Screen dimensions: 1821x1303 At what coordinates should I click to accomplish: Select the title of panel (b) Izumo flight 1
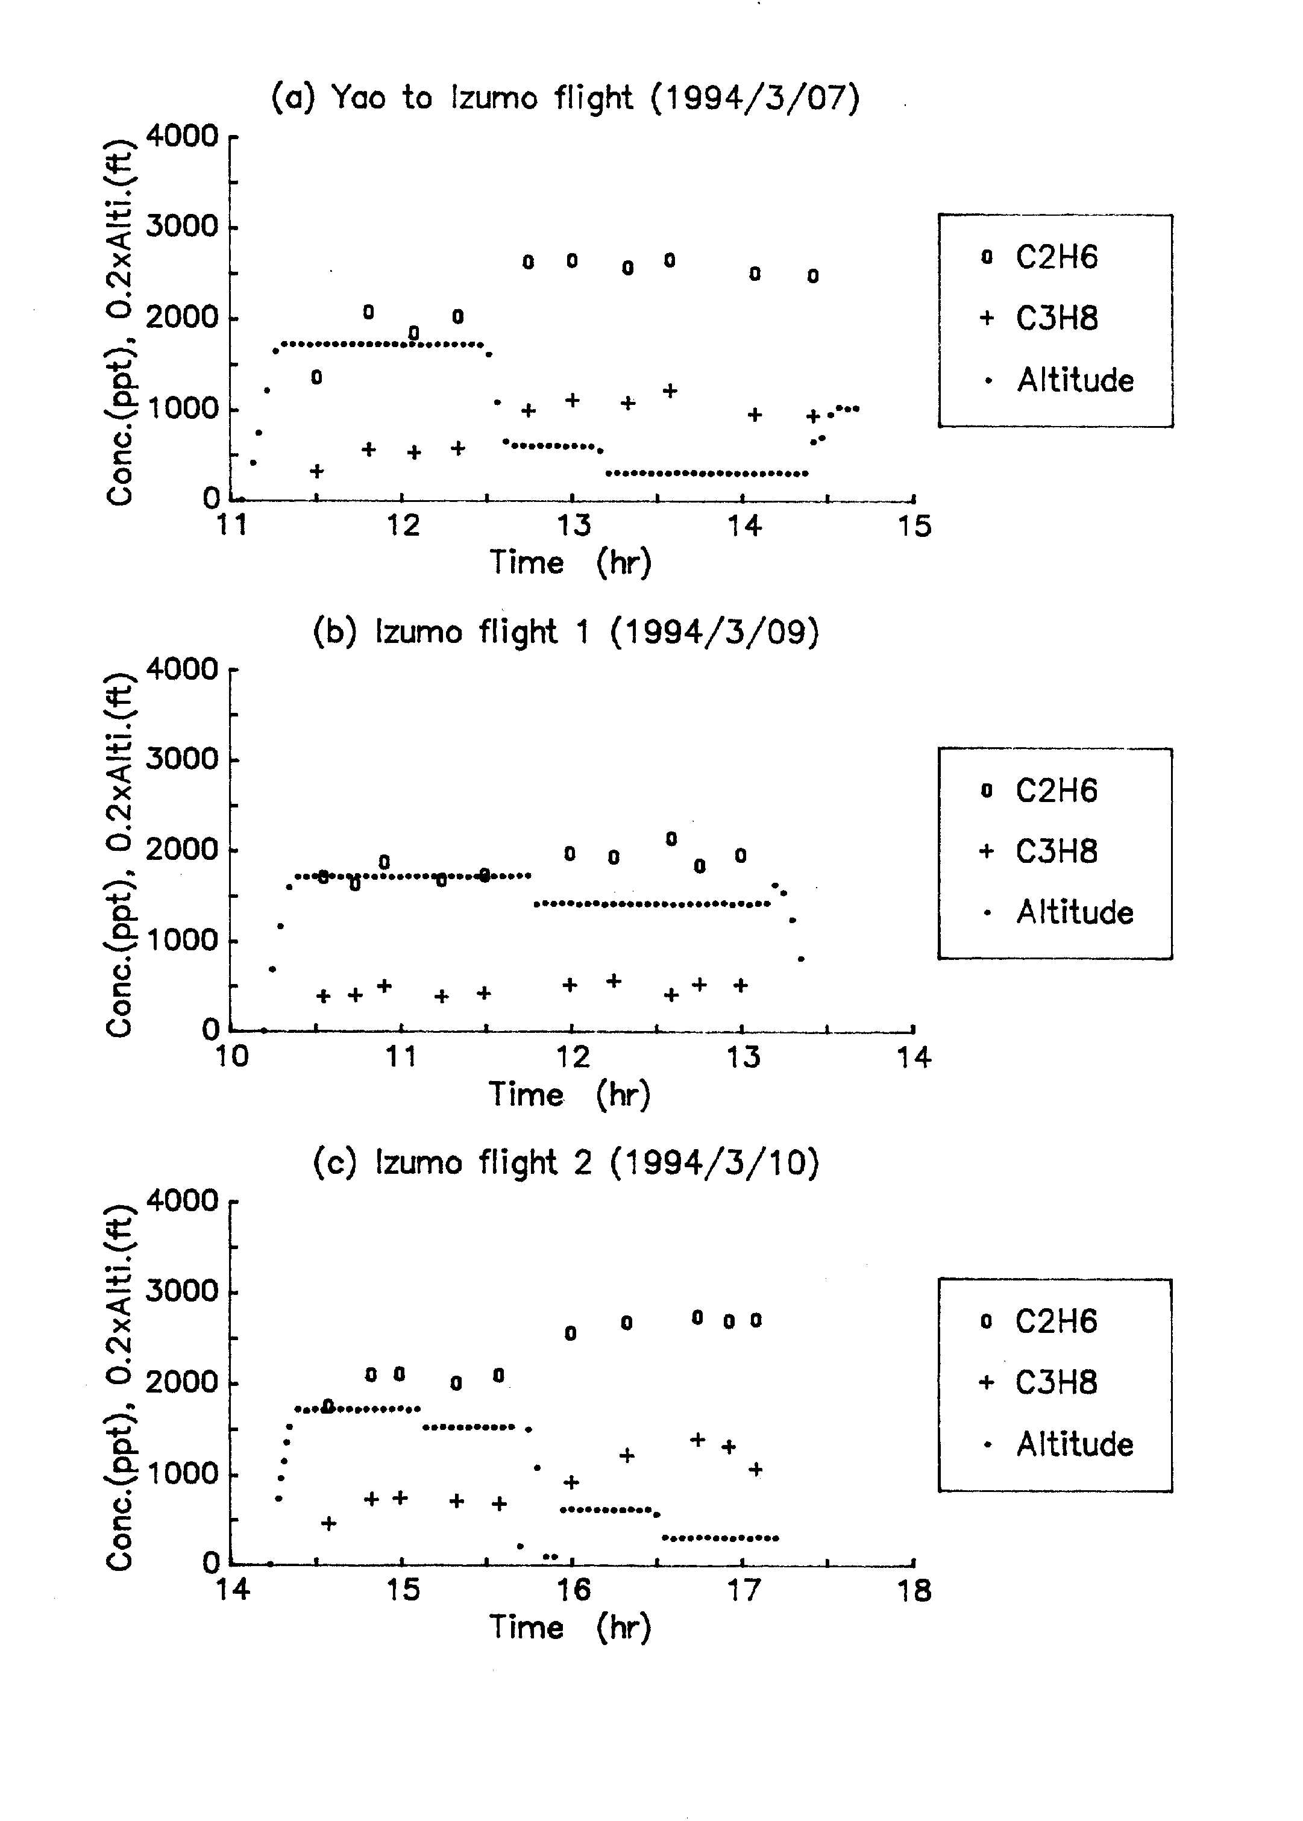(x=566, y=632)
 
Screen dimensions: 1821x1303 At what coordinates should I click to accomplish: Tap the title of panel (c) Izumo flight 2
(x=566, y=1162)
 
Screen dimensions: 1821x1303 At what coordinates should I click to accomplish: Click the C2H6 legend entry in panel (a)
(x=1039, y=257)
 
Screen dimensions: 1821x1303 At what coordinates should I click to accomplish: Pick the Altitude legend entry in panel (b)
(x=1058, y=912)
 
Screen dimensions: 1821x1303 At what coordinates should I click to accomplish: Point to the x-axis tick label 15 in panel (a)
(x=914, y=526)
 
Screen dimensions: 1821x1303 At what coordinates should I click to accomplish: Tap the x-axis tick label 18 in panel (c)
(x=914, y=1590)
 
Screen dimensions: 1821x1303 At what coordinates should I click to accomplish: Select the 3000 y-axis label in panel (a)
(x=181, y=226)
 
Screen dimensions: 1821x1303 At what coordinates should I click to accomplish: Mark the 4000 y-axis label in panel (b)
(x=181, y=668)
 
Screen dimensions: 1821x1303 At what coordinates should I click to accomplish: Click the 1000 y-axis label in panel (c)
(x=181, y=1473)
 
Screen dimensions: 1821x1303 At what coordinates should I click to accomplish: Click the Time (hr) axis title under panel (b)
(x=570, y=1094)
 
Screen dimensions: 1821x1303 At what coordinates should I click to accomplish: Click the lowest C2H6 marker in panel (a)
(x=317, y=377)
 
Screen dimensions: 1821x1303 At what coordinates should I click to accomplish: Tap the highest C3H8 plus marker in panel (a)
(x=670, y=390)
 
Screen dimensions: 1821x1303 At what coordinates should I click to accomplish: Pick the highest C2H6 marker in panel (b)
(x=671, y=838)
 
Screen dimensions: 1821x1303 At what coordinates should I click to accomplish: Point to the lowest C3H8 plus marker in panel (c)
(x=329, y=1523)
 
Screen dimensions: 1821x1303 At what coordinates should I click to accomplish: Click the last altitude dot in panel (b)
(x=801, y=959)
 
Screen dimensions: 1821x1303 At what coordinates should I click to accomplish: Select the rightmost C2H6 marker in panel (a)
(x=813, y=276)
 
